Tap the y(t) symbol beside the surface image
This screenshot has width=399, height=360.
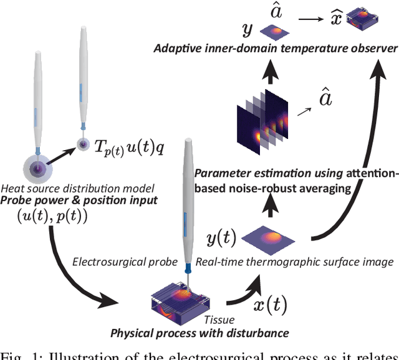pyautogui.click(x=221, y=237)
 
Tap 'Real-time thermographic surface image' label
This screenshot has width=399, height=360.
pyautogui.click(x=294, y=262)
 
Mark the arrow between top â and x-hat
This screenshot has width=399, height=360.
pyautogui.click(x=307, y=27)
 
